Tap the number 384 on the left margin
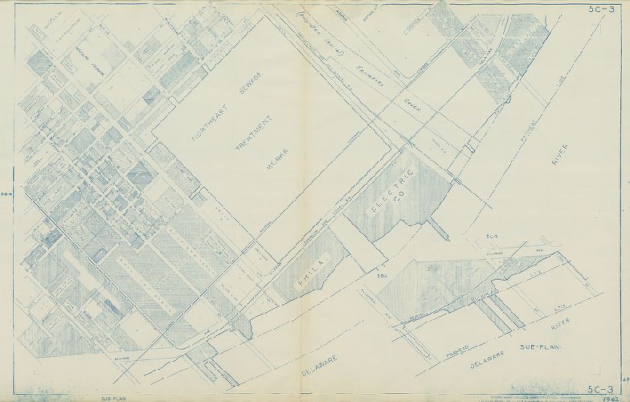(x=6, y=195)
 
